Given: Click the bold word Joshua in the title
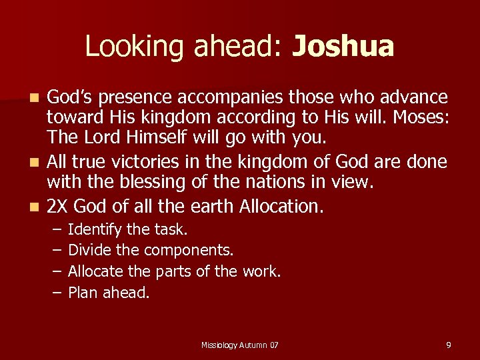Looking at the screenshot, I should (343, 47).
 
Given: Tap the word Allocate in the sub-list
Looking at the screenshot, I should (95, 271).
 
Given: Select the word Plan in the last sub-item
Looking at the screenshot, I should (82, 293).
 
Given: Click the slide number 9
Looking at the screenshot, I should (449, 345).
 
